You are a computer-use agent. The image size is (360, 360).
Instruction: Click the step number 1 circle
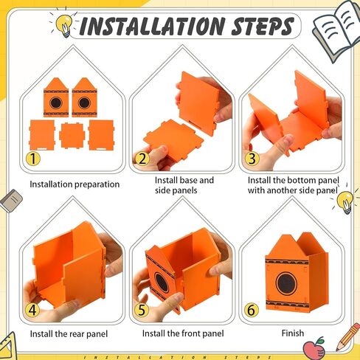pyautogui.click(x=33, y=159)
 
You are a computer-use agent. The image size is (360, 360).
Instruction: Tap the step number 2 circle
pyautogui.click(x=143, y=159)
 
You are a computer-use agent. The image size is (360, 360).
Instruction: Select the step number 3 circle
pyautogui.click(x=252, y=159)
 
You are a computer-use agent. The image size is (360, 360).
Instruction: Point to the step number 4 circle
pyautogui.click(x=32, y=310)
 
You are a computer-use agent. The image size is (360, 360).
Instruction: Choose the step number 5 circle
pyautogui.click(x=142, y=310)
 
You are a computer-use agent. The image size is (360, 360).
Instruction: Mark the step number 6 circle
pyautogui.click(x=252, y=310)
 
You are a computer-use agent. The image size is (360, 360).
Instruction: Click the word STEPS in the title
pyautogui.click(x=263, y=26)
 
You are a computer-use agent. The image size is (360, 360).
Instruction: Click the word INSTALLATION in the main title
pyautogui.click(x=153, y=27)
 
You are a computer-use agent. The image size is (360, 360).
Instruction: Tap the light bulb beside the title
pyautogui.click(x=64, y=25)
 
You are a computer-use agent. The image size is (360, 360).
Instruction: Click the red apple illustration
pyautogui.click(x=314, y=347)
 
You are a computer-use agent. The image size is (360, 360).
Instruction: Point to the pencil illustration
pyautogui.click(x=348, y=337)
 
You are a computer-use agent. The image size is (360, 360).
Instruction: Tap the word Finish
pyautogui.click(x=293, y=333)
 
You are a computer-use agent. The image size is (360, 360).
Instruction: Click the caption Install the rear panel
pyautogui.click(x=69, y=334)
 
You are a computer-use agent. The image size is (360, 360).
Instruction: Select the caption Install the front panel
pyautogui.click(x=183, y=333)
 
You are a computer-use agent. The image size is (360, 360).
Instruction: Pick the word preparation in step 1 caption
pyautogui.click(x=97, y=184)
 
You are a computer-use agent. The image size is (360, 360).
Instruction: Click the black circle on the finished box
pyautogui.click(x=286, y=283)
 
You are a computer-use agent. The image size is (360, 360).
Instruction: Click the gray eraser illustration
pyautogui.click(x=11, y=201)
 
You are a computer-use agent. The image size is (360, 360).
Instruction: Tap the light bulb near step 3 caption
pyautogui.click(x=345, y=202)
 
